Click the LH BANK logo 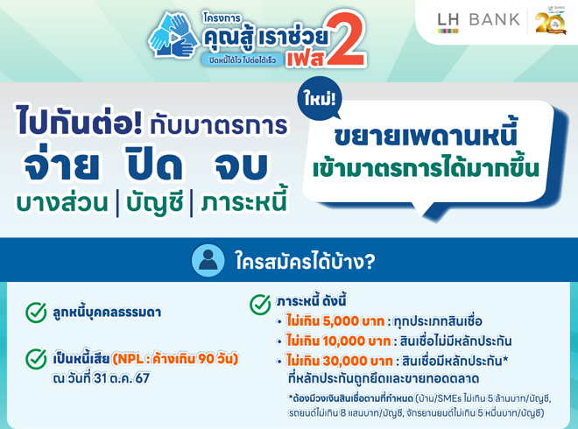pos(478,22)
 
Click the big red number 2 pos(346,39)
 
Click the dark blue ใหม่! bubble pos(320,99)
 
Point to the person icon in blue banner pos(208,260)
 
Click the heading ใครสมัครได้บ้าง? pos(306,261)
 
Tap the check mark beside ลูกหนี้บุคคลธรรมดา pos(36,313)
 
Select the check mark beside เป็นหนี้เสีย pos(36,359)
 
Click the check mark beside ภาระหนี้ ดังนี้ pos(260,304)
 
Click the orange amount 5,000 pos(341,321)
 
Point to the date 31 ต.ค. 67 pos(122,378)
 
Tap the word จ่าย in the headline pos(61,163)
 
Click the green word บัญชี pos(154,202)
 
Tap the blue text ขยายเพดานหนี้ pos(426,134)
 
